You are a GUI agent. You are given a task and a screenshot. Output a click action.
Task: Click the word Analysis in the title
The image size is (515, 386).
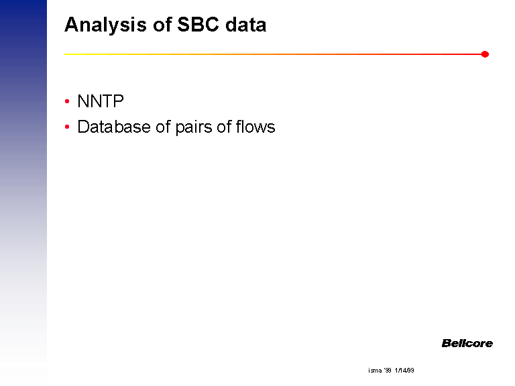point(105,25)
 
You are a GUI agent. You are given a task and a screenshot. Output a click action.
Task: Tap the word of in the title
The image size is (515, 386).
point(162,24)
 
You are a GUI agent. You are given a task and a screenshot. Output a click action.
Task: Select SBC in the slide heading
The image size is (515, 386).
point(198,24)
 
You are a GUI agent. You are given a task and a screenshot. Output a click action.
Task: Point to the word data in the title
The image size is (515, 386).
point(245,24)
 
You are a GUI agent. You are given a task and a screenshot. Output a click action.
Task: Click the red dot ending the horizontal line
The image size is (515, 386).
point(485,54)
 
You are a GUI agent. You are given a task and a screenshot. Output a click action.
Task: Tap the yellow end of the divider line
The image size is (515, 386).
point(65,54)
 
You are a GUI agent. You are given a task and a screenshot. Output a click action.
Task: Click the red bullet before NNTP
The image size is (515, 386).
point(67,101)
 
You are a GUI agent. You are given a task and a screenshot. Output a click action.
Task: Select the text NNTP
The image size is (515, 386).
point(101,101)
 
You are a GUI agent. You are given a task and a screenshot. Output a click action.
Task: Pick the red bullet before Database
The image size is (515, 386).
point(67,127)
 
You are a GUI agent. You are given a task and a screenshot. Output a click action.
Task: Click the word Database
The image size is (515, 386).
point(114,127)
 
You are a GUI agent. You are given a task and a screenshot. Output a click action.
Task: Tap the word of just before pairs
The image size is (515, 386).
point(163,127)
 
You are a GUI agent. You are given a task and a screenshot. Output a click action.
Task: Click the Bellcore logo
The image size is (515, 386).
point(467,343)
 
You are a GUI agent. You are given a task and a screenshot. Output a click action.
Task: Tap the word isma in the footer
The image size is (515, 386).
point(375,370)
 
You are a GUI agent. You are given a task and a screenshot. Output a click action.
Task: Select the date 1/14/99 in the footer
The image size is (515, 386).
point(404,370)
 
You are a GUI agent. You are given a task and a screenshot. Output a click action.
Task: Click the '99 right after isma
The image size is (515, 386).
point(388,370)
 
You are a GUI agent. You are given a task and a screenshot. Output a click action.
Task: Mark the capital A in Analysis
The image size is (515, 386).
point(72,25)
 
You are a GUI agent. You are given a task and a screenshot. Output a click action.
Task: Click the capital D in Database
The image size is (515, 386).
point(83,127)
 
